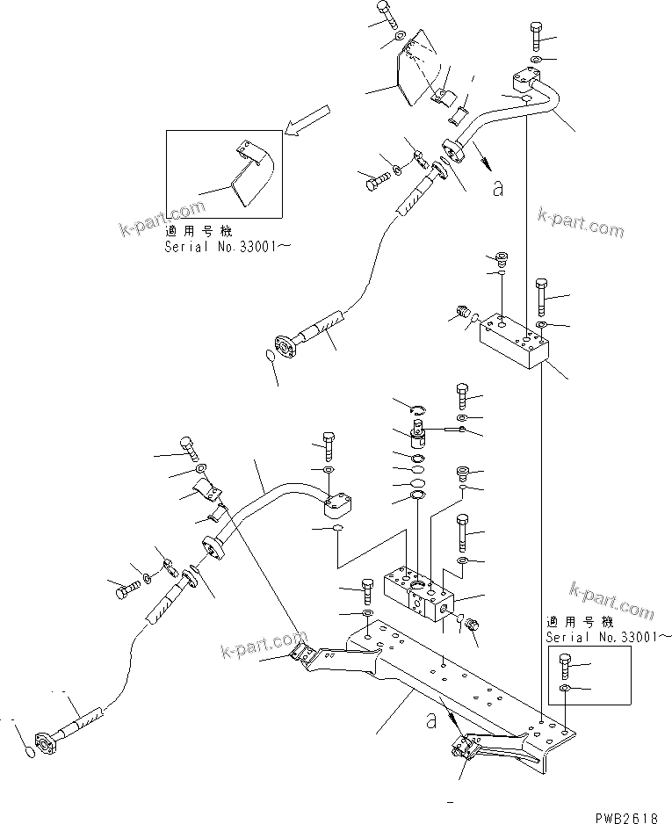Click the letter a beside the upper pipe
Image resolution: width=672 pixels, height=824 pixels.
pos(498,186)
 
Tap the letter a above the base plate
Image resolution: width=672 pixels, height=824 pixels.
pos(430,721)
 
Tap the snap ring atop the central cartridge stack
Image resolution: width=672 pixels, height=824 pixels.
pos(419,406)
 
